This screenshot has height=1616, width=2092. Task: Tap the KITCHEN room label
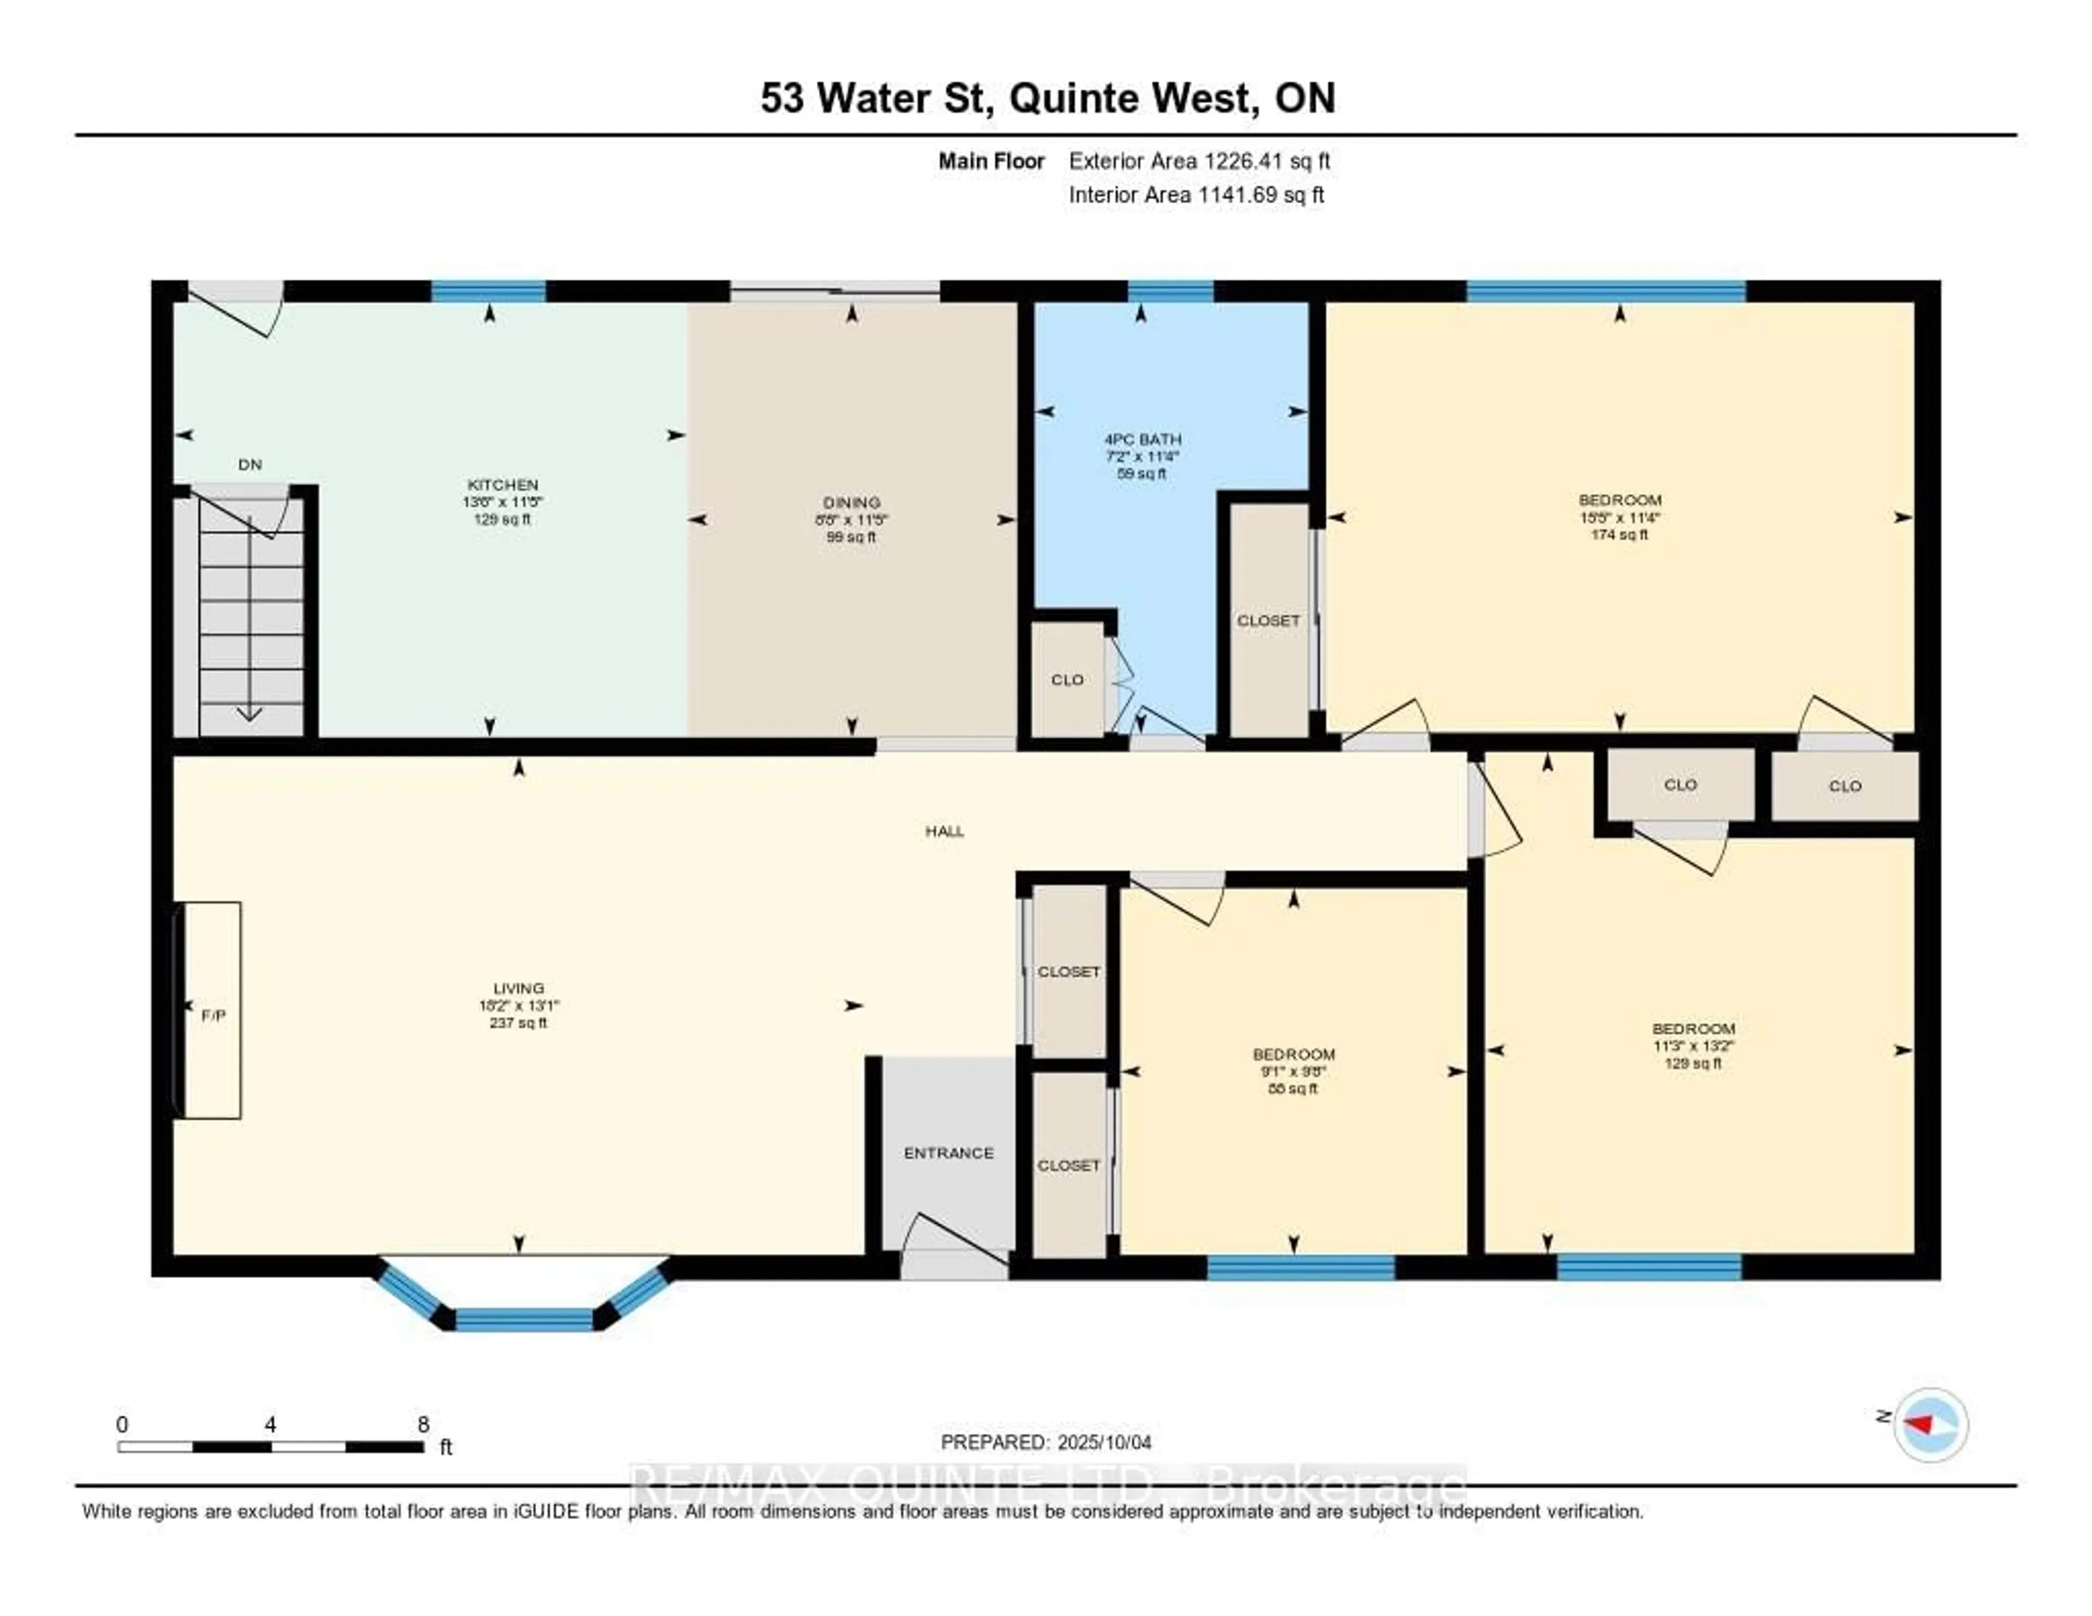tap(502, 485)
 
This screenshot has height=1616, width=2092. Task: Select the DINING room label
tap(850, 502)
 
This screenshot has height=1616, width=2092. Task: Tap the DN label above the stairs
tap(250, 465)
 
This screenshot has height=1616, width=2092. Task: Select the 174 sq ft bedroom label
tap(1620, 534)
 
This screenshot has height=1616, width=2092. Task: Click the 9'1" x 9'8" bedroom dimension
tap(1293, 1072)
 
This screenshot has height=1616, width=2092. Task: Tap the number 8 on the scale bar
tap(423, 1424)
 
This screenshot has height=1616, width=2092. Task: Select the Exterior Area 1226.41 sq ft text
tap(1199, 161)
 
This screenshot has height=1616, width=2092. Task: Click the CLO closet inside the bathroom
tap(1067, 680)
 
